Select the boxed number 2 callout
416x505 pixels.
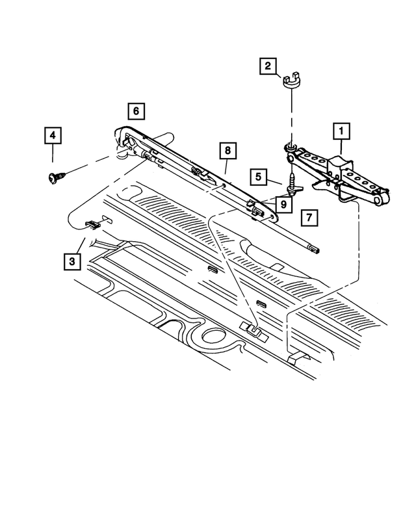[267, 66]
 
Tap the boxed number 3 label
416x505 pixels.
[72, 261]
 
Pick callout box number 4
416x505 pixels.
[53, 136]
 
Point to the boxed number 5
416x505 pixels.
[259, 176]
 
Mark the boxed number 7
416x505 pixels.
[309, 218]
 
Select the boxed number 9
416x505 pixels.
[283, 204]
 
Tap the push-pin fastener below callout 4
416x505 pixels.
[54, 175]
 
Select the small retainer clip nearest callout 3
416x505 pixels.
[92, 224]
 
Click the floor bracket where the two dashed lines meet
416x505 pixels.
[252, 330]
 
